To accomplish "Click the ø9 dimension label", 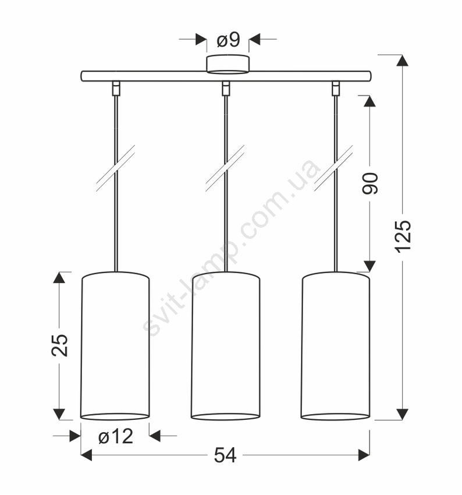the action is [x=228, y=40].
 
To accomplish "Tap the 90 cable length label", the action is [x=370, y=183].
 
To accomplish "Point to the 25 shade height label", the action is [x=59, y=345].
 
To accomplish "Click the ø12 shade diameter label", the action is [x=115, y=437].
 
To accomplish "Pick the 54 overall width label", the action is [x=225, y=455].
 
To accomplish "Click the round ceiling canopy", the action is [x=228, y=65].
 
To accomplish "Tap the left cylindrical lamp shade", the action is [x=115, y=346].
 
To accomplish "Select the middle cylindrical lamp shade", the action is [x=226, y=346].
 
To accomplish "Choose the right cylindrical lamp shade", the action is [x=335, y=346].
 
